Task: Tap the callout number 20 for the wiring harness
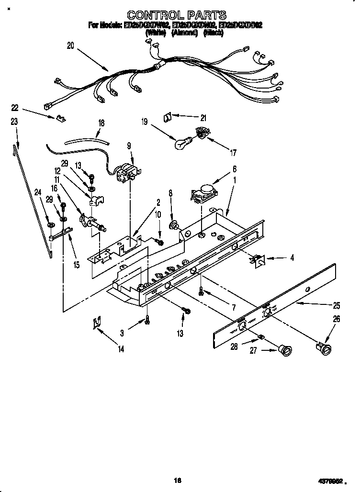pos(71,45)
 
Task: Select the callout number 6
pos(235,168)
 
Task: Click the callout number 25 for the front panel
pos(337,305)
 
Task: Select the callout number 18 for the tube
pos(101,123)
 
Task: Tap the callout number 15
pos(76,263)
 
